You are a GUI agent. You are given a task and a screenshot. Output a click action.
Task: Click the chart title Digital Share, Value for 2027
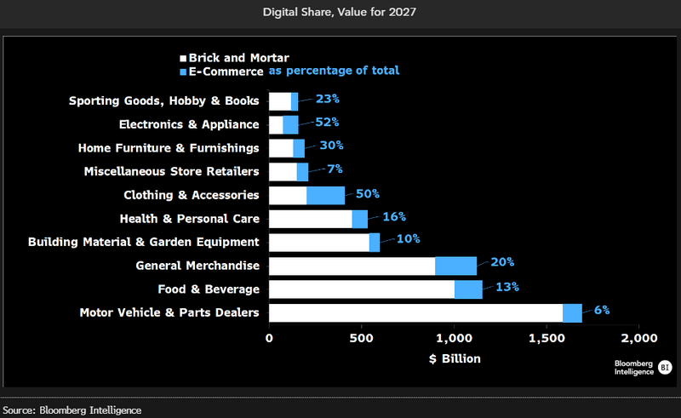point(340,13)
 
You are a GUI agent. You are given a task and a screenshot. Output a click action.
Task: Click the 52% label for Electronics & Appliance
point(326,122)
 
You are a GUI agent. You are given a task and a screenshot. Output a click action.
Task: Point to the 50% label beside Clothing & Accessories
point(367,193)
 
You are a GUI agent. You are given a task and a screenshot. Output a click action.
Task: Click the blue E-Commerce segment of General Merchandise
point(455,266)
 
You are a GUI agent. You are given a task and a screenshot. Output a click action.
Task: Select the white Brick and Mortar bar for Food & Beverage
point(362,289)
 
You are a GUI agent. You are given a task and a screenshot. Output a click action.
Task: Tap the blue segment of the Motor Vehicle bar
point(572,312)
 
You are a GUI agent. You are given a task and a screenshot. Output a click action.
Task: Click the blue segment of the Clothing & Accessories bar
point(325,196)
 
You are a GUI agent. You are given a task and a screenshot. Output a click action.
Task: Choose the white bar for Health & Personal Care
point(311,219)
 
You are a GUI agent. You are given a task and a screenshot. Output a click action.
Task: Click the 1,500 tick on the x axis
point(546,338)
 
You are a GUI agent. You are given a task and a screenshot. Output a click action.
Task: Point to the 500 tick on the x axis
point(362,338)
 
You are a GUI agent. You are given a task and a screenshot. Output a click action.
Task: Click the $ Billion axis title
point(455,358)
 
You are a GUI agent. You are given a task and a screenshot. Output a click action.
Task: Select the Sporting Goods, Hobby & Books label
point(163,101)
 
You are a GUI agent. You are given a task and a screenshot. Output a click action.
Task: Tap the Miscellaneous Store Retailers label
point(171,171)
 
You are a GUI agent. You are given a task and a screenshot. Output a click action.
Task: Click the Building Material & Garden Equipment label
point(144,242)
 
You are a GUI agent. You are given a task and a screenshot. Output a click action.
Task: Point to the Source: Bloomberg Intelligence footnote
point(72,410)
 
